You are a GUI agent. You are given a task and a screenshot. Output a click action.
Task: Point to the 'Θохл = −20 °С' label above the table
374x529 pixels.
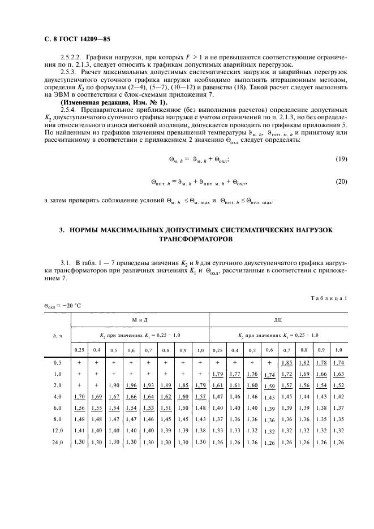coord(63,306)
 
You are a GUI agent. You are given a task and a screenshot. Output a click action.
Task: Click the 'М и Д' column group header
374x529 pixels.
coord(139,320)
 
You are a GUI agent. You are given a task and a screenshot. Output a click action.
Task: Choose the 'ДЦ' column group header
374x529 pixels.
coord(278,320)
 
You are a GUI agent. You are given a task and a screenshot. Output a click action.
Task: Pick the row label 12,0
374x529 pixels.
coord(57,431)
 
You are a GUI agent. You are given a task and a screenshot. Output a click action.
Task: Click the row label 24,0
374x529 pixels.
coord(57,443)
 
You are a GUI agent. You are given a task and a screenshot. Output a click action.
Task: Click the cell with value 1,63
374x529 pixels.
coord(338,374)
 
